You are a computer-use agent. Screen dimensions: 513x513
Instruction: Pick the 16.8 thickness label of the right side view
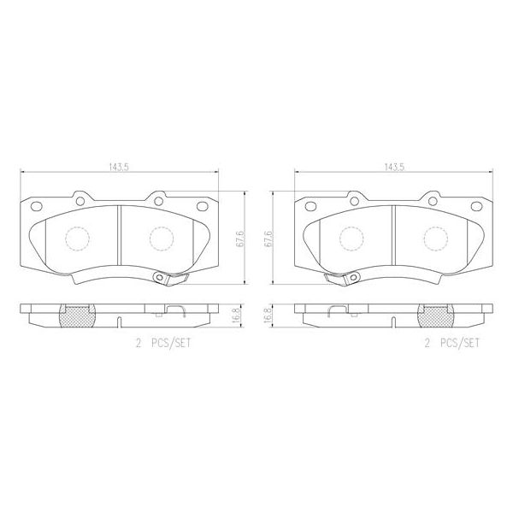269,315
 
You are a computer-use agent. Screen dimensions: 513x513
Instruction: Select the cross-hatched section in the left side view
74,316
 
